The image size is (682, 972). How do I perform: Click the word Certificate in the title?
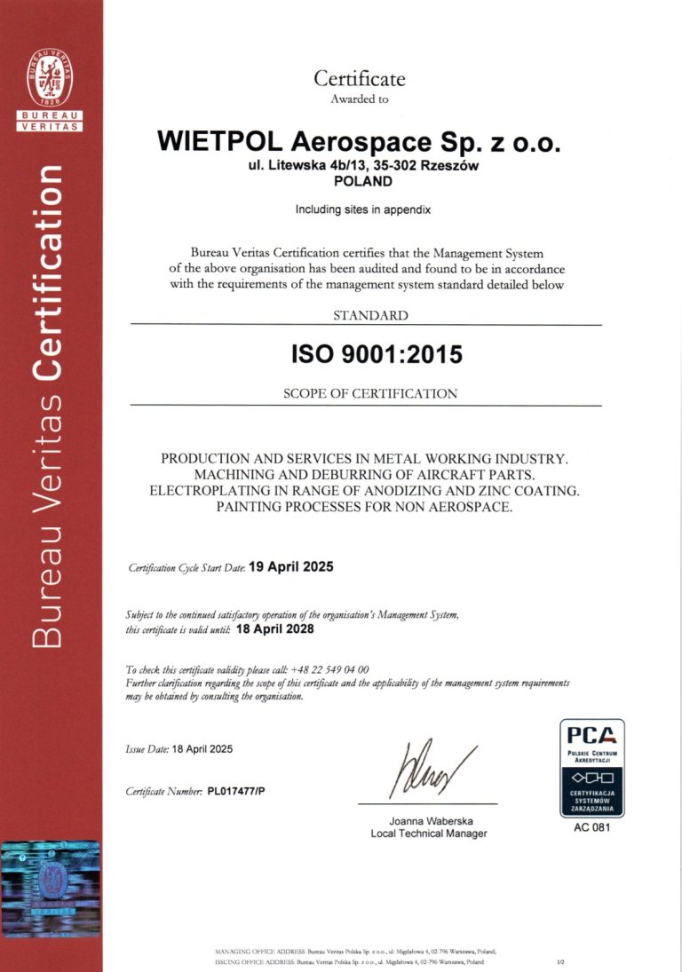tap(359, 78)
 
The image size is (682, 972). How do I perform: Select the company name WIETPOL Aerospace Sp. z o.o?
tap(359, 141)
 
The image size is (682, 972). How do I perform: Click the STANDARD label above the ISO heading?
tap(370, 315)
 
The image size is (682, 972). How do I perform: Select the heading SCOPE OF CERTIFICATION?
tap(369, 393)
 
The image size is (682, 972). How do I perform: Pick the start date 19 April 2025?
tap(291, 566)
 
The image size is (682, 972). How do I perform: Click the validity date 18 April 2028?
tap(276, 628)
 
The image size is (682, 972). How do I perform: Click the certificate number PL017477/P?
tap(236, 790)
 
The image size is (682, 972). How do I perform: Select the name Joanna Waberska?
tap(429, 820)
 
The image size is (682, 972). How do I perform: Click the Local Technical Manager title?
tap(429, 834)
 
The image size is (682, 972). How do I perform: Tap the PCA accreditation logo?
tap(591, 768)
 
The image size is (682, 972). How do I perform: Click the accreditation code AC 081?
tap(591, 829)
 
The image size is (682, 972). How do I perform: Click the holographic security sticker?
tap(50, 885)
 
